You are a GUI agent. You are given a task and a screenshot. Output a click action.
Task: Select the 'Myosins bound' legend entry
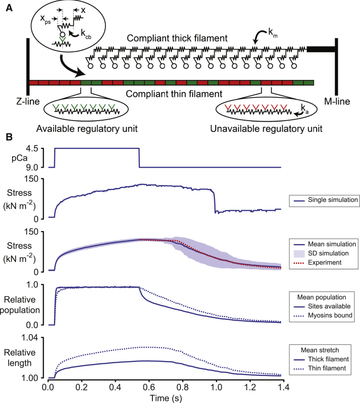pos(326,314)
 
